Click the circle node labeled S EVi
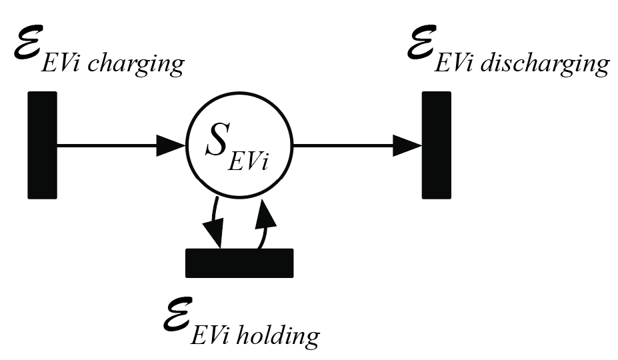(238, 145)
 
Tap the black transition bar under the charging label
(42, 145)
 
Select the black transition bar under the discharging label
(437, 145)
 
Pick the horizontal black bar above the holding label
(239, 262)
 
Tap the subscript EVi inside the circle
(248, 161)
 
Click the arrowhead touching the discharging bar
(407, 145)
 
